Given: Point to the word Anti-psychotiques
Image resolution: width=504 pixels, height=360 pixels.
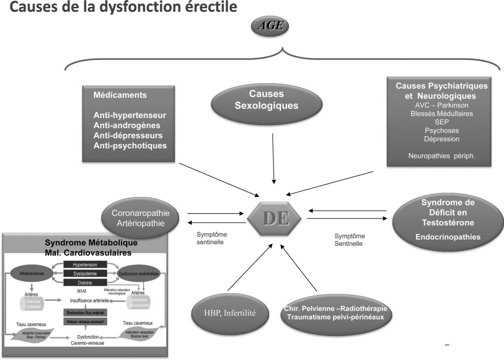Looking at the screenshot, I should [x=130, y=146].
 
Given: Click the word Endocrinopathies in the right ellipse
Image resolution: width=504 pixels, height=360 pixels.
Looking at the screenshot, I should [x=447, y=237].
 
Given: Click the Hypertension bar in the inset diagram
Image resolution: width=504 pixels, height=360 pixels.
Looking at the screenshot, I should [x=86, y=265].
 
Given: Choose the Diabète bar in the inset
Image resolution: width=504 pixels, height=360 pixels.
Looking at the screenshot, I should [x=86, y=282].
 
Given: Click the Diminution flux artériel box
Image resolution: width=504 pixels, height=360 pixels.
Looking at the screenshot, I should [x=86, y=312].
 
